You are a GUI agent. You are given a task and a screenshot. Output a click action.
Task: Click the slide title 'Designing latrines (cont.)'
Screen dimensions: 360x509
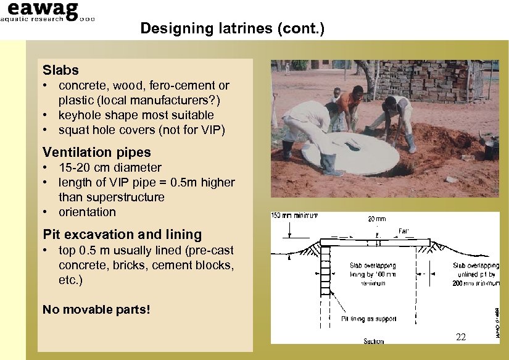pos(232,28)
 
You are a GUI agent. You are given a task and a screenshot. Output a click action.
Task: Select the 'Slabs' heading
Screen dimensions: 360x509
pos(60,70)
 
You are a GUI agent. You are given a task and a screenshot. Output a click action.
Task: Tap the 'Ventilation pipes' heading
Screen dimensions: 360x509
pos(96,152)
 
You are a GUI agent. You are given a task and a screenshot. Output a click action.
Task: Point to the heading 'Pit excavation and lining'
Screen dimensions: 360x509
pos(122,235)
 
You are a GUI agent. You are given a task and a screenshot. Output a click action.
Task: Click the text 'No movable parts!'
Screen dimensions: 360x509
pos(96,309)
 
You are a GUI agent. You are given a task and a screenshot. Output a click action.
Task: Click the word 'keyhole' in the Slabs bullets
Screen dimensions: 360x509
pos(78,115)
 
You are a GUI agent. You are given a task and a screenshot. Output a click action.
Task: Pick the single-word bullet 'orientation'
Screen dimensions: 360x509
pos(87,212)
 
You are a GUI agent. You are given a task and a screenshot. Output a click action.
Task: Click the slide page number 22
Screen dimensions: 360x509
pos(460,337)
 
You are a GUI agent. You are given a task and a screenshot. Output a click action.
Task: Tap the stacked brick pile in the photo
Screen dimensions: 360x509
pos(426,80)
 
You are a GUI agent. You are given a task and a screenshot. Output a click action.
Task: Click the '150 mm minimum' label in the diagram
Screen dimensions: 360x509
pos(295,216)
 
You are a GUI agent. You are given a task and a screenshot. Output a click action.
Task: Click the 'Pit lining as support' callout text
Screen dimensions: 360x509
pos(369,319)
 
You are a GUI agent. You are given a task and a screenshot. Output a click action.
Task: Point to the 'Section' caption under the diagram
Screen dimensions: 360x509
pos(373,341)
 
